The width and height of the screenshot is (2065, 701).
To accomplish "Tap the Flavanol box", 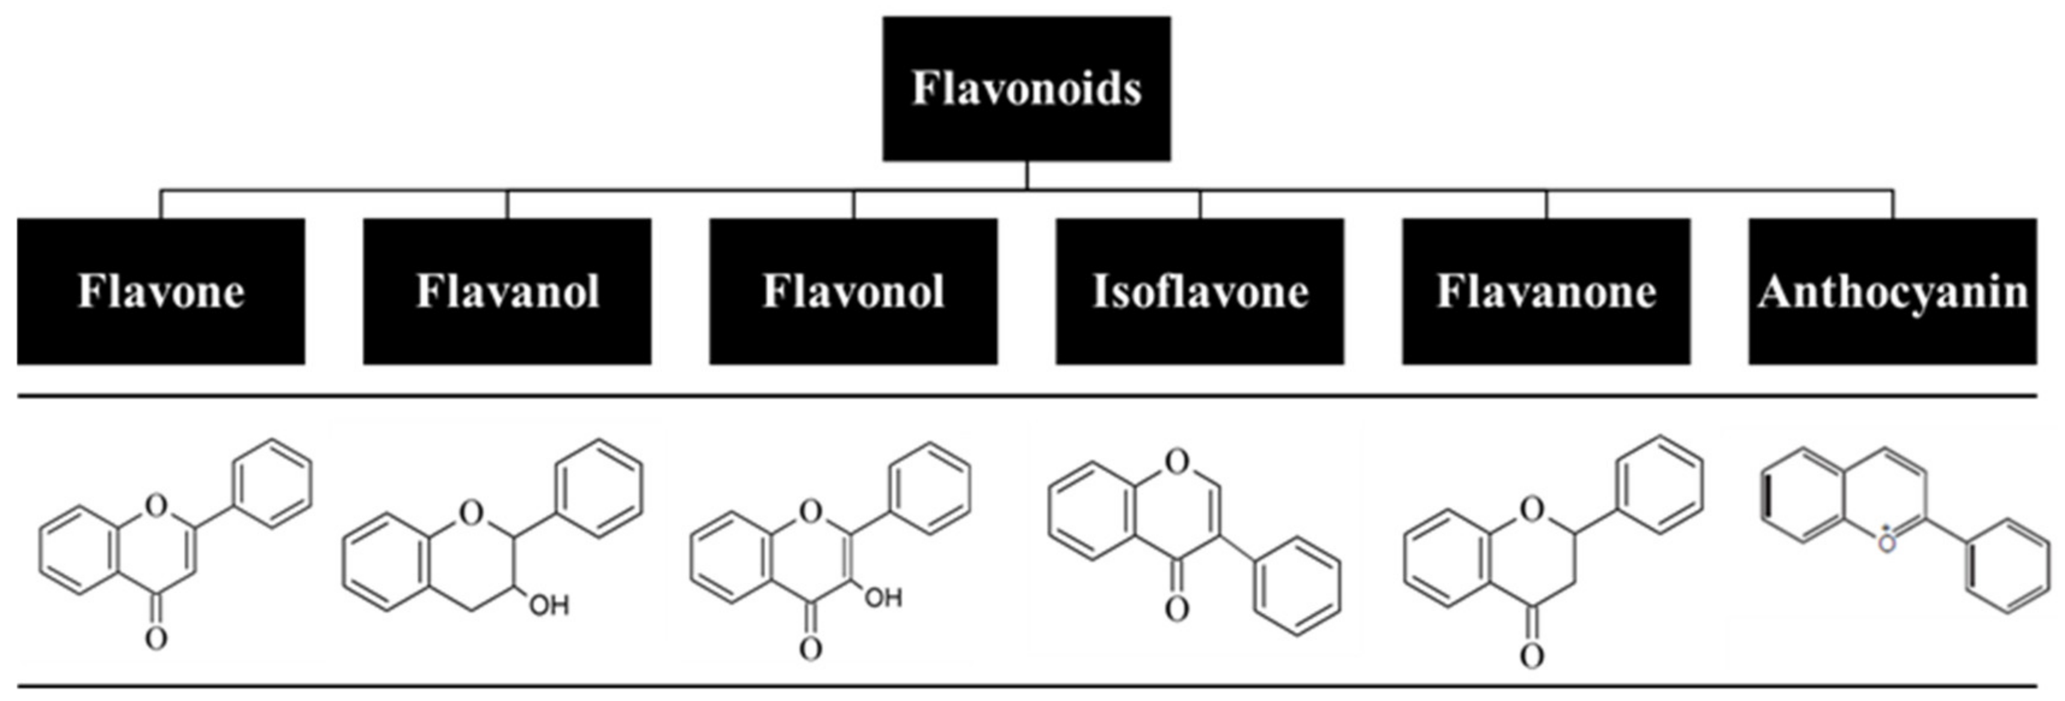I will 507,291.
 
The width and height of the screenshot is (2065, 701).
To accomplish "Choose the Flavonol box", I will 853,291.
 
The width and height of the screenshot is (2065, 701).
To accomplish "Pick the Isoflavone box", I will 1199,291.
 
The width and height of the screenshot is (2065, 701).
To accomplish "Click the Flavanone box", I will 1546,291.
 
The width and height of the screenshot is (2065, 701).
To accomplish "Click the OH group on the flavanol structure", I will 549,605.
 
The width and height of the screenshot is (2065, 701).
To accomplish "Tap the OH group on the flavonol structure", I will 883,598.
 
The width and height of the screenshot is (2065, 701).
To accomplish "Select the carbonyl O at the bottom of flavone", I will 156,638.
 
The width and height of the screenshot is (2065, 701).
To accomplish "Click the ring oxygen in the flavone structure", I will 156,505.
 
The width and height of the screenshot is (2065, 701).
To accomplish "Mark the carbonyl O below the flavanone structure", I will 1531,657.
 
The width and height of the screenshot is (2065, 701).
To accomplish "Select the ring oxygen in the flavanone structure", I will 1531,507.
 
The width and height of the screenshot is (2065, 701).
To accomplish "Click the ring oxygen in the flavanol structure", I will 471,510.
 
